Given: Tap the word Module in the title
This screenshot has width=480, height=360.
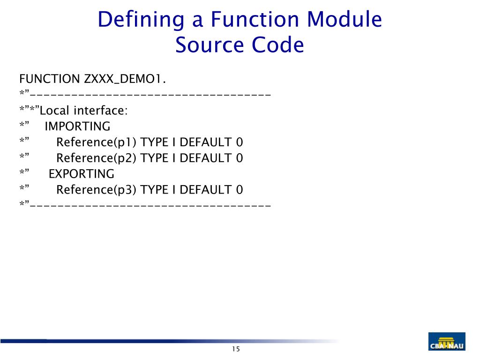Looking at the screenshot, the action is coord(345,20).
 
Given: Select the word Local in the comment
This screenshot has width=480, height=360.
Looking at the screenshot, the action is coord(55,111).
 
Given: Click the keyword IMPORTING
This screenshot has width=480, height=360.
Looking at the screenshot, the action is coord(77,127).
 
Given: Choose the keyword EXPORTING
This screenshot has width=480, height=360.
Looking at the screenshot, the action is coord(82,174).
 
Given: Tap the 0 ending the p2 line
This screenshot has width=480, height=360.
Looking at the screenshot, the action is coord(240,158).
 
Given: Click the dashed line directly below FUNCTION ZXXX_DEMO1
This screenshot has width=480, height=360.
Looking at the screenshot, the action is coord(150,95).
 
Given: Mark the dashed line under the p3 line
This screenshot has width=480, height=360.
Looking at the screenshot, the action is coord(150,205).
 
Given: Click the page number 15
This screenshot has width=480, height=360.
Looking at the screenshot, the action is coord(235,349).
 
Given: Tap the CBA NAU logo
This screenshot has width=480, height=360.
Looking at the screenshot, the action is coord(447,342).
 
